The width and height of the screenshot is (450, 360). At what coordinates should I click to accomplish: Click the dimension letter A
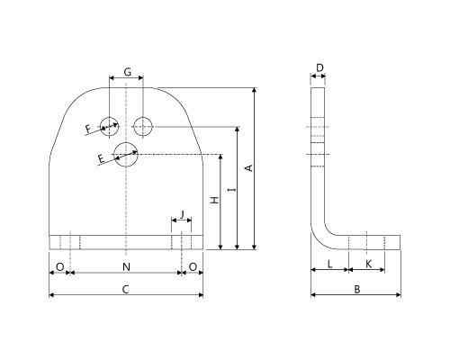(x=249, y=168)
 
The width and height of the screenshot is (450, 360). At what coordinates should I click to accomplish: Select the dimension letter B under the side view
(x=357, y=290)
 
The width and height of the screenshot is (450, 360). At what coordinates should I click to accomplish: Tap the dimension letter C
(x=126, y=290)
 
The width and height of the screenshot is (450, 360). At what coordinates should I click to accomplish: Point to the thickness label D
(x=319, y=67)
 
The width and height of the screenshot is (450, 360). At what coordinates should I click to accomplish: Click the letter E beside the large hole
(x=102, y=158)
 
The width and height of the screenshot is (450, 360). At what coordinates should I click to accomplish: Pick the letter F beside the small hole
(x=88, y=129)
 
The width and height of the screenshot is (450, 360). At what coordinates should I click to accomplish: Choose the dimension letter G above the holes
(x=128, y=72)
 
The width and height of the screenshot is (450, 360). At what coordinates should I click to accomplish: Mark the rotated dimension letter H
(x=215, y=200)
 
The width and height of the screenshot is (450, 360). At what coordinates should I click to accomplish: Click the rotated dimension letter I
(x=231, y=190)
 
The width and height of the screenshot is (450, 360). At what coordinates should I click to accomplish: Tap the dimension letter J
(x=182, y=214)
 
